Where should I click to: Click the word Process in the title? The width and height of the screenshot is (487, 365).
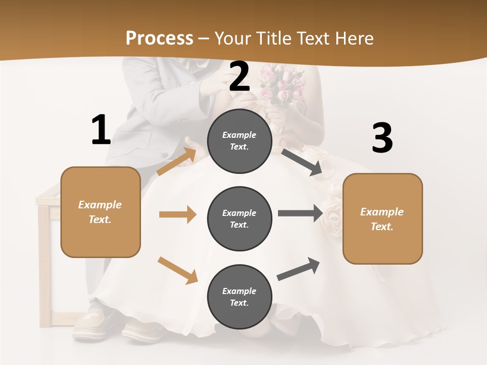[x=159, y=38]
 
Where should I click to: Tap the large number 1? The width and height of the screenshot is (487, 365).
[x=100, y=130]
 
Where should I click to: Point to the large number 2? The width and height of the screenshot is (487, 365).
[x=239, y=76]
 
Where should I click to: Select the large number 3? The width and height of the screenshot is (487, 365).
[x=382, y=138]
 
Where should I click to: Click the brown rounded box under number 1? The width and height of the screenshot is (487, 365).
[x=100, y=212]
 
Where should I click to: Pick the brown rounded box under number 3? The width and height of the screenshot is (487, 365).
[x=382, y=218]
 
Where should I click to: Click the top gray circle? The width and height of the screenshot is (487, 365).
[x=239, y=141]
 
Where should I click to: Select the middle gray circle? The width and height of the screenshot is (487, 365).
[x=239, y=218]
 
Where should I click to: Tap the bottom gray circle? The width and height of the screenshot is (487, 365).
[x=239, y=297]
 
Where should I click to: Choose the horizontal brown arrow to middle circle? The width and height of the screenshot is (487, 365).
[x=178, y=214]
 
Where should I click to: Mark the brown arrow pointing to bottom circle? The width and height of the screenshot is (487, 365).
[x=178, y=270]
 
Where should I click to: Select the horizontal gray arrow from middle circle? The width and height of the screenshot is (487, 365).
[x=300, y=213]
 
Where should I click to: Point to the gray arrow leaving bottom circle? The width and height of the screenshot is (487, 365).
[x=299, y=269]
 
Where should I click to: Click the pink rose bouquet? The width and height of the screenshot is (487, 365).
[x=282, y=84]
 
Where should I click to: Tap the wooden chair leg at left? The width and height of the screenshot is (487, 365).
[x=45, y=264]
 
